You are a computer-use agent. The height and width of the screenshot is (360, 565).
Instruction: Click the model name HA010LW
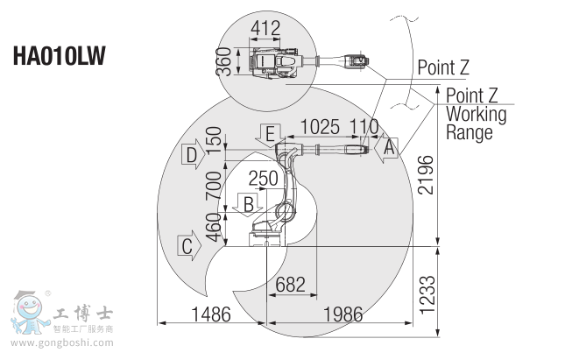point(59,56)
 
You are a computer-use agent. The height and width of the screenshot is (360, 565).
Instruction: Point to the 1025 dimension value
point(323,126)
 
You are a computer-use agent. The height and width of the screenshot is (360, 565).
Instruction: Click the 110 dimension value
point(363,126)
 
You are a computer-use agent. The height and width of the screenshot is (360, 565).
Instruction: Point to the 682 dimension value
point(290,285)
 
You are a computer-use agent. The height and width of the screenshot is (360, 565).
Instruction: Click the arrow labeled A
point(386,148)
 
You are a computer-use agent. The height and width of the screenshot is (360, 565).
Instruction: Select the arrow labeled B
point(249,205)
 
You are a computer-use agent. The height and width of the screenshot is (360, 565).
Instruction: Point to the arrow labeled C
point(190,245)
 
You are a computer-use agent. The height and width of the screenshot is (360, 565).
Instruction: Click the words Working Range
point(476,124)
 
